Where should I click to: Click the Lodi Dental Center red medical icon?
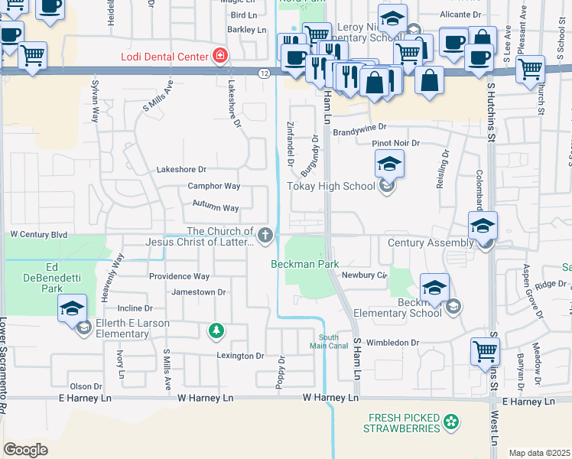click(220, 56)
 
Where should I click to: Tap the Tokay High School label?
click(330, 186)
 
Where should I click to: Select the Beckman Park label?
click(305, 264)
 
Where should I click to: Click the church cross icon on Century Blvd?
click(265, 235)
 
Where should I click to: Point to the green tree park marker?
click(217, 330)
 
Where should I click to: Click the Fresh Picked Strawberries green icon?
click(452, 422)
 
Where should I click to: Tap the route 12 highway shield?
click(264, 73)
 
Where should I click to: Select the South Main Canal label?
click(329, 340)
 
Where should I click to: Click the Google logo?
click(25, 449)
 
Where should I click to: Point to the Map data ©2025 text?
click(539, 453)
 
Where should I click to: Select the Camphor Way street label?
click(214, 186)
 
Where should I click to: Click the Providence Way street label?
click(179, 276)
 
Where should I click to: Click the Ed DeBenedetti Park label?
click(52, 278)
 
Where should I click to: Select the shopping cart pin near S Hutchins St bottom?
click(485, 353)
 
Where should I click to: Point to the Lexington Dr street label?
click(239, 356)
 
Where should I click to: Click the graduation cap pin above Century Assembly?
click(483, 226)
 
